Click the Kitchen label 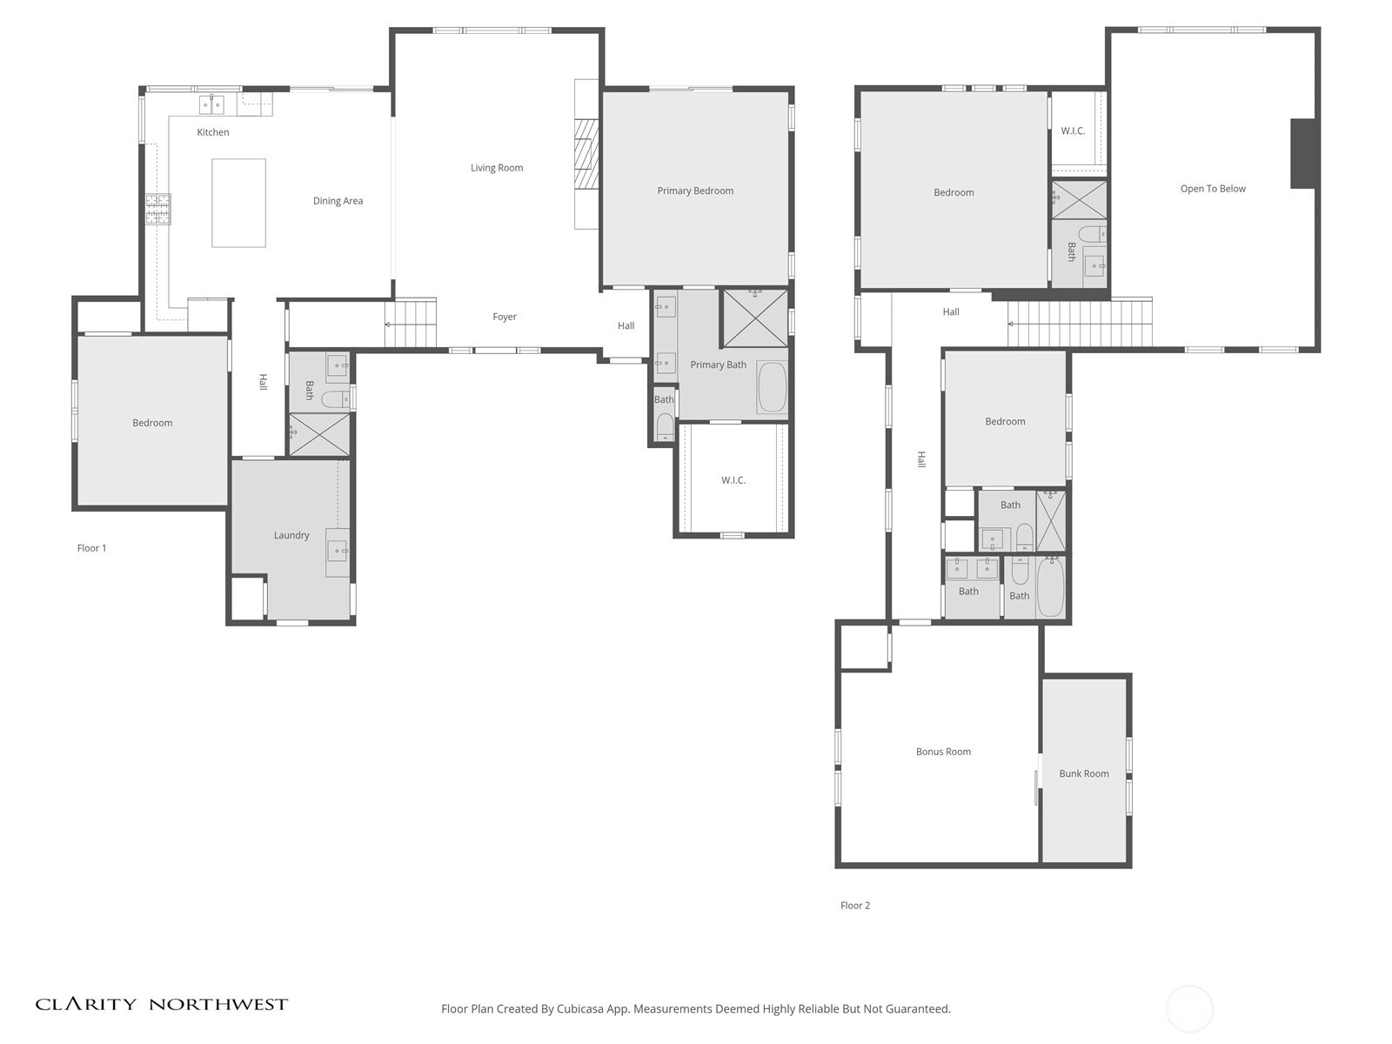point(212,132)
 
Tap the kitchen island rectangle point(238,203)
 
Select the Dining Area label point(338,201)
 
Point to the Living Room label point(497,168)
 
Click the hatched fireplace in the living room point(586,154)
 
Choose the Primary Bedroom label point(695,191)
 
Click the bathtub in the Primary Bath point(773,386)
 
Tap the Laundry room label point(291,535)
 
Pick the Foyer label point(505,317)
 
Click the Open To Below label point(1213,189)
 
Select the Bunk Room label point(1084,773)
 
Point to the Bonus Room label point(943,752)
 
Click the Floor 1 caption point(92,548)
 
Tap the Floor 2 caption point(855,905)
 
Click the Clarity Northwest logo point(162,1004)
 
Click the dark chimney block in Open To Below point(1302,153)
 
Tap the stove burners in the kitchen point(158,209)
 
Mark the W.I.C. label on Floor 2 point(1073,131)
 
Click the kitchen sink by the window point(211,104)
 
